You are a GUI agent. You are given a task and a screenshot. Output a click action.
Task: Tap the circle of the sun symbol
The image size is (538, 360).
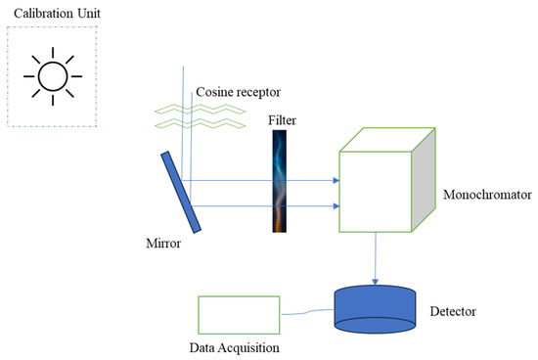pyautogui.click(x=52, y=74)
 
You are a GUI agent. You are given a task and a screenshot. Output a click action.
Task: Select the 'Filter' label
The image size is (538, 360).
pyautogui.click(x=282, y=119)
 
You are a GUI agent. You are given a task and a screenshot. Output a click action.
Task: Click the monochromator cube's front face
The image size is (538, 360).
pyautogui.click(x=377, y=191)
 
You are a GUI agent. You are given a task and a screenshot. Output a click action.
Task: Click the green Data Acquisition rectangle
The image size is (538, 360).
pyautogui.click(x=239, y=316)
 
